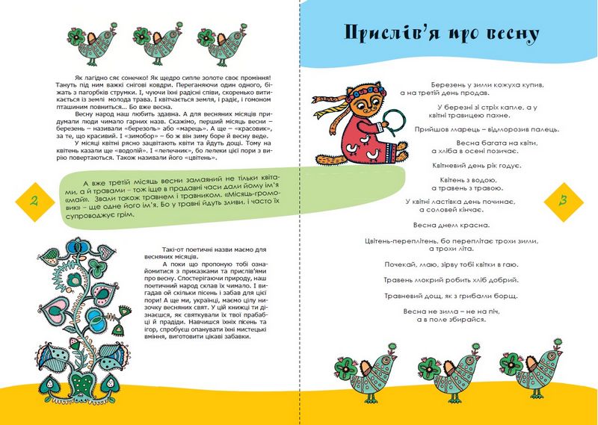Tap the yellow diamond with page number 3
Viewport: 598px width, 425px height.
[563, 200]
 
